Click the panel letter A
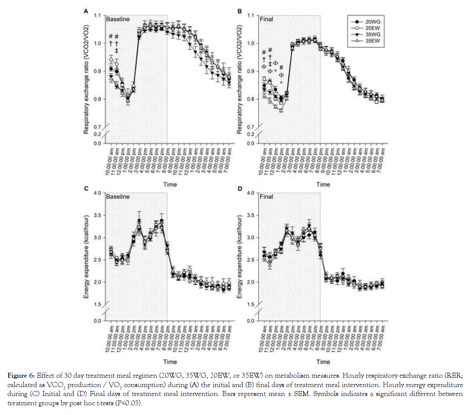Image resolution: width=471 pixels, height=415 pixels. (86, 11)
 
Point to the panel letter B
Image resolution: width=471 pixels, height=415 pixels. (240, 11)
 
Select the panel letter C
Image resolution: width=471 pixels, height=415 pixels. (86, 188)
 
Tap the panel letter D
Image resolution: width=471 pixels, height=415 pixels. (240, 188)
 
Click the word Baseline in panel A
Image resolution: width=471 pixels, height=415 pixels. (118, 19)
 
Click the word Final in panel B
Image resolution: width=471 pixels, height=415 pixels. (266, 19)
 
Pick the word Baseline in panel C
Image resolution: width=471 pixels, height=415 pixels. (118, 197)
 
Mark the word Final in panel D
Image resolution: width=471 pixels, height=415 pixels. (266, 197)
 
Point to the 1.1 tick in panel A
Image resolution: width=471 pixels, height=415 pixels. (97, 16)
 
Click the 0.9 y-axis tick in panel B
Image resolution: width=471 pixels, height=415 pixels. (250, 71)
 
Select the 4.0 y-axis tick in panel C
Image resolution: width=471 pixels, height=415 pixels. (97, 193)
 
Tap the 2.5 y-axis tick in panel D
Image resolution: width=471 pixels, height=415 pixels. (250, 260)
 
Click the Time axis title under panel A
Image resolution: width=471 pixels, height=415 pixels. (170, 184)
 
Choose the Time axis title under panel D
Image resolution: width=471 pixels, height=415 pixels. (323, 361)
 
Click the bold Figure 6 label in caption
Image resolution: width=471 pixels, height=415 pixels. (21, 375)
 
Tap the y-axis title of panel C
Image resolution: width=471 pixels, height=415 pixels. (86, 256)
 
